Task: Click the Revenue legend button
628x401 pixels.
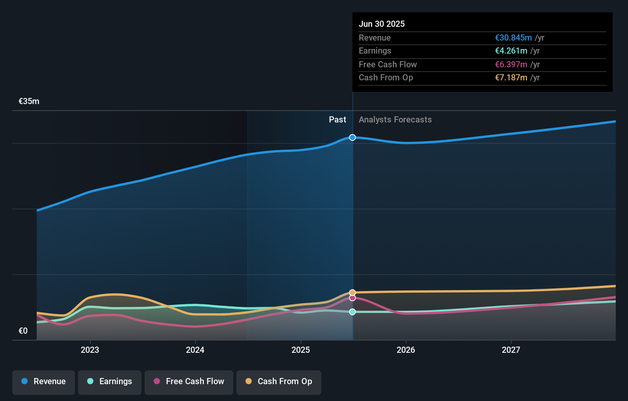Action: tap(44, 381)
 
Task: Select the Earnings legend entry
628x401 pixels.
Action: tap(110, 381)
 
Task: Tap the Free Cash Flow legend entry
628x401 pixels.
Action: tap(189, 381)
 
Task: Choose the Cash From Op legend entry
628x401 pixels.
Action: tap(279, 381)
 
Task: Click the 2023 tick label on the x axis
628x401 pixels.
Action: tap(90, 350)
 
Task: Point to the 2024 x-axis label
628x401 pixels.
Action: tap(195, 350)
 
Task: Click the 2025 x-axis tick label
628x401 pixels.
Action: tap(301, 350)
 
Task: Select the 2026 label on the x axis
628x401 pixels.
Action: tap(406, 350)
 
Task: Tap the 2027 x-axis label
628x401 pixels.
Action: tap(511, 350)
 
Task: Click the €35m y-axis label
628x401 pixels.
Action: tap(29, 101)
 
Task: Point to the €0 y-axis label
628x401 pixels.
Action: tap(23, 331)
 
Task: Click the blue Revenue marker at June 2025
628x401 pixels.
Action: tap(352, 137)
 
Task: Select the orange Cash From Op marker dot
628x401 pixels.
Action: tap(352, 293)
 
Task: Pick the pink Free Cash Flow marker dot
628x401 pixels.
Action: tap(352, 298)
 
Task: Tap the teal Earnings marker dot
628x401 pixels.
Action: tap(352, 312)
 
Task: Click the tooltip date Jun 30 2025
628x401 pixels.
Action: tap(381, 24)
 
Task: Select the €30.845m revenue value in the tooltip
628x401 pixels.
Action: tap(513, 37)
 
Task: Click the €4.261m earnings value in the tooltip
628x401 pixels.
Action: tap(511, 51)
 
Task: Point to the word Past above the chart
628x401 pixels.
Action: tap(337, 120)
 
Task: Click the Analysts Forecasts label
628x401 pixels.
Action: tap(395, 120)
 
